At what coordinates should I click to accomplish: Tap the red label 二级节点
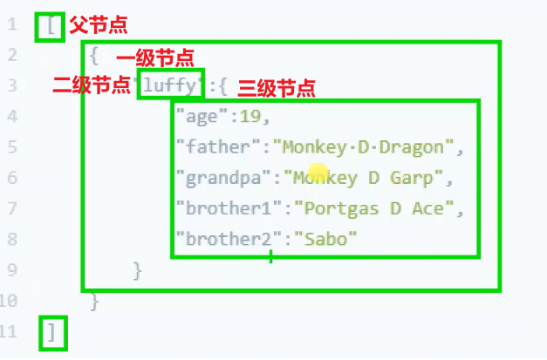92,85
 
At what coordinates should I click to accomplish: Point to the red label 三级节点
276,87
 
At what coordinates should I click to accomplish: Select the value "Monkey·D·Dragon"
362,147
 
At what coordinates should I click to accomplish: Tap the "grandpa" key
224,178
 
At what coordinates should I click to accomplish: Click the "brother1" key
229,208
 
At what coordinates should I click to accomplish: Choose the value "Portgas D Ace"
367,208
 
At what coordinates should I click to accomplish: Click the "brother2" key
229,239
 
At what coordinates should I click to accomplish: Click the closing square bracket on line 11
52,332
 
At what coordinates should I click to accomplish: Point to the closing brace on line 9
137,270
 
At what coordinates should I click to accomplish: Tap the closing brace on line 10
95,302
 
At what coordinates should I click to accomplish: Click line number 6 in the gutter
12,178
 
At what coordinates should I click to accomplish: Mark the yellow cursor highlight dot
318,173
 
